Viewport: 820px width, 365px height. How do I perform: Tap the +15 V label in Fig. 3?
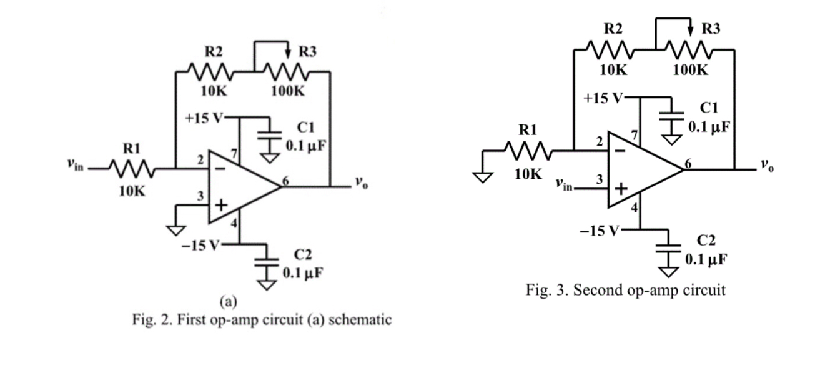603,98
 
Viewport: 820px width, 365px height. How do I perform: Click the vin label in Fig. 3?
563,184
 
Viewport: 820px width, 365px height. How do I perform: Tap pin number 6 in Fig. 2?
287,181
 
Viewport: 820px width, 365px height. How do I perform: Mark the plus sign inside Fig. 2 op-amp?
220,206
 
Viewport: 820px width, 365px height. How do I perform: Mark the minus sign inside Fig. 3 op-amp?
620,150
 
